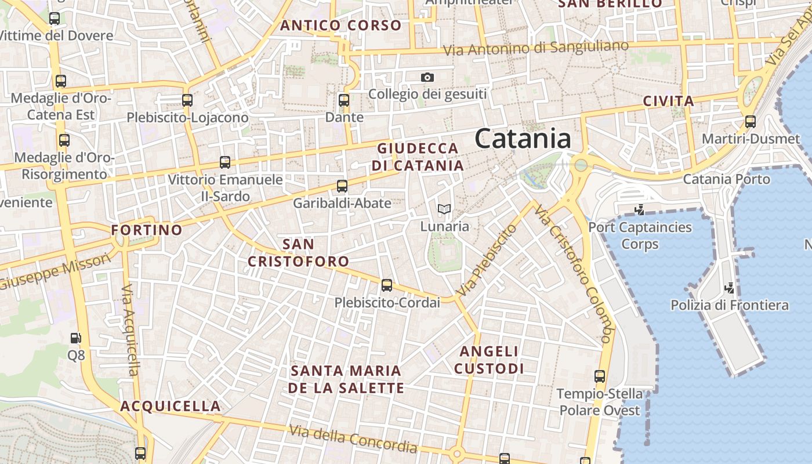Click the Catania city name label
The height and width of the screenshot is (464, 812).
[523, 139]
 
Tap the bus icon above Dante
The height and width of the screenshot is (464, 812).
[344, 100]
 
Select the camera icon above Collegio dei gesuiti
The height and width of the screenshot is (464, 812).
[427, 77]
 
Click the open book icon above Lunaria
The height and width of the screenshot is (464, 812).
[444, 209]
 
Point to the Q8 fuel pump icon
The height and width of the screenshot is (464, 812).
[76, 338]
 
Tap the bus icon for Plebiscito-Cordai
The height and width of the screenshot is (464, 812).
[387, 285]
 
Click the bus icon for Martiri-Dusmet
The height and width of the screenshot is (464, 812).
[751, 122]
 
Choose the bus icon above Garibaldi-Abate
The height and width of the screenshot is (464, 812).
[342, 186]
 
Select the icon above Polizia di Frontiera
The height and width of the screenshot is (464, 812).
[730, 287]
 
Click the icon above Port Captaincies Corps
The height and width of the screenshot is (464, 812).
[640, 209]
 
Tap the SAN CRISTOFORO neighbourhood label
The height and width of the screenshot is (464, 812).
[299, 253]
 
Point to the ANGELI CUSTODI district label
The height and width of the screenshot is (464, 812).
[489, 360]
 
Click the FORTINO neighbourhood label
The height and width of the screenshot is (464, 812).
[147, 230]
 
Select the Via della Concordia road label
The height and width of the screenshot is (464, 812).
[353, 438]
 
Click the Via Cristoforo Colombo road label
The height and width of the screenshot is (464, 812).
[574, 273]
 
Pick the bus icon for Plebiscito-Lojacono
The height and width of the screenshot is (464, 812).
[187, 100]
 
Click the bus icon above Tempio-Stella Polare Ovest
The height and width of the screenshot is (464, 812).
[600, 376]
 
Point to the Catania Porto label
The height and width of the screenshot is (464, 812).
[727, 179]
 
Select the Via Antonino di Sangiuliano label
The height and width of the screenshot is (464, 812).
[536, 49]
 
